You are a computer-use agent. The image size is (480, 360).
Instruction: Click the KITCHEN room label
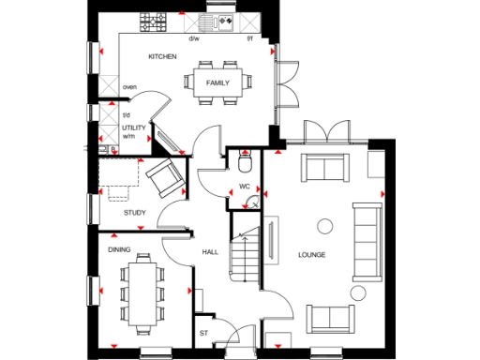pyautogui.click(x=162, y=57)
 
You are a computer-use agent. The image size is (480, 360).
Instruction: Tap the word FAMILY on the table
pyautogui.click(x=217, y=82)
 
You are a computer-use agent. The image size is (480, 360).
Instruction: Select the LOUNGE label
pyautogui.click(x=312, y=254)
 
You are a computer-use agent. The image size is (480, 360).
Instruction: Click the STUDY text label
pyautogui.click(x=134, y=213)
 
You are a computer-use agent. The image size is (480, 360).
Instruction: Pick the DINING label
pyautogui.click(x=119, y=249)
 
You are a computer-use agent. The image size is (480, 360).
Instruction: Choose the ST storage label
pyautogui.click(x=202, y=332)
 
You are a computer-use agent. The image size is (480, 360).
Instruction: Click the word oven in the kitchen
pyautogui.click(x=129, y=88)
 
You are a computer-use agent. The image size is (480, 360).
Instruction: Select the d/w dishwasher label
pyautogui.click(x=194, y=39)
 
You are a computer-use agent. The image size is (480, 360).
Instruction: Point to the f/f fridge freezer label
pyautogui.click(x=249, y=39)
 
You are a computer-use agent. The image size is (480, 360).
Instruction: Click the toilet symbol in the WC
pyautogui.click(x=245, y=164)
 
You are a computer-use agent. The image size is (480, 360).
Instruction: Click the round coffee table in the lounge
pyautogui.click(x=325, y=225)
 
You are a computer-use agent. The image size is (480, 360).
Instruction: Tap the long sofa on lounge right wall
pyautogui.click(x=365, y=239)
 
